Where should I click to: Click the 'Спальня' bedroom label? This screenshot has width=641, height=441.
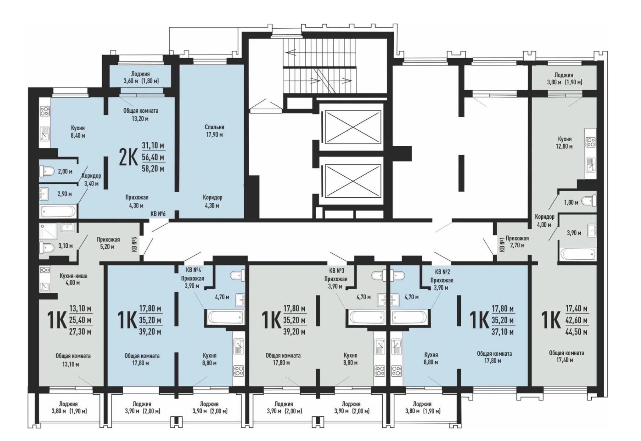[214, 127]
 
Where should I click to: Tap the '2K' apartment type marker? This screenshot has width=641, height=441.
[128, 158]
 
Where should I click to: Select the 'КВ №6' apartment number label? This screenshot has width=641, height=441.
[158, 214]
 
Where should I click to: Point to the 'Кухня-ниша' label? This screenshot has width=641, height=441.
[73, 276]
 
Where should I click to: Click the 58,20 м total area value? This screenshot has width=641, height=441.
[153, 169]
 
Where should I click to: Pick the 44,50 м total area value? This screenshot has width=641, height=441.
[576, 332]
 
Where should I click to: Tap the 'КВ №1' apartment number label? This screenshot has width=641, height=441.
[502, 244]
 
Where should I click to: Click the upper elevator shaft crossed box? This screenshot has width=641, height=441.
[353, 126]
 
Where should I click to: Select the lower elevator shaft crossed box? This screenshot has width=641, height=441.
[353, 180]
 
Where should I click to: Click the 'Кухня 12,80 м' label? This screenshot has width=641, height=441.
[565, 142]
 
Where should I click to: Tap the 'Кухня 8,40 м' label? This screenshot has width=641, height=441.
[78, 131]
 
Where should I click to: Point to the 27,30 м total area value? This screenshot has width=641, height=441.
[80, 332]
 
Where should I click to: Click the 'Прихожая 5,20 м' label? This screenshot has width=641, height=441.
[108, 243]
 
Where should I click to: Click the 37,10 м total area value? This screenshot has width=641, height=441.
[503, 332]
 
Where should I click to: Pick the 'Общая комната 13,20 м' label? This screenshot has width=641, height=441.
[141, 114]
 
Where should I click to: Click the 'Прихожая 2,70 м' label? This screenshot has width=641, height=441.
[517, 241]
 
